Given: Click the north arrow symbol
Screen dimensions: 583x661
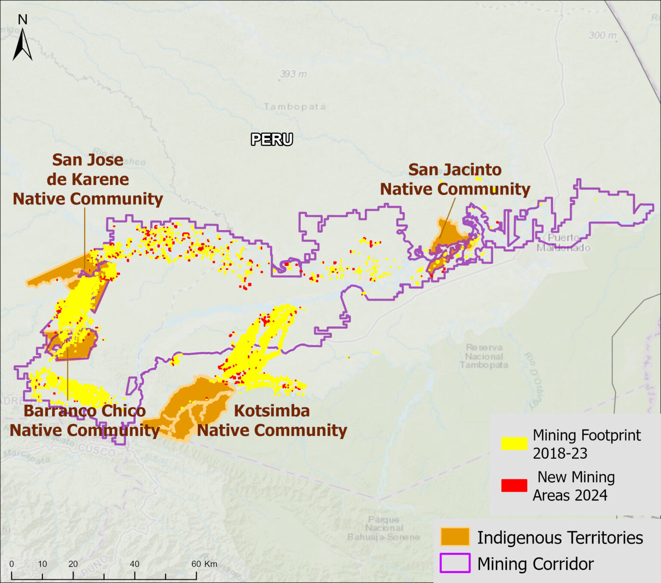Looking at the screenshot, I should pos(22,43).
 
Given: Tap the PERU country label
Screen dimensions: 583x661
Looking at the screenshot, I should pos(272,139).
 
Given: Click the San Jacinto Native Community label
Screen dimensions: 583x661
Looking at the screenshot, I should pos(455,179).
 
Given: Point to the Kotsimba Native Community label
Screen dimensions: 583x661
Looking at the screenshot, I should pos(272,420).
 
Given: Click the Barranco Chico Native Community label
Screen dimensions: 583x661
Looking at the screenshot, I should pos(85,420).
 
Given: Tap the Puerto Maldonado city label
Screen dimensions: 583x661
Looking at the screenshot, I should pos(563,243).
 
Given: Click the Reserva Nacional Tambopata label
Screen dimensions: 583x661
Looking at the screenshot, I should pos(484,356).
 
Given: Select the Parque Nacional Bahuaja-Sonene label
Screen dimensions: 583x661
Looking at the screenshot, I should pos(384,528).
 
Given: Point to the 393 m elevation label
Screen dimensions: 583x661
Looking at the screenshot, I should pos(293,74).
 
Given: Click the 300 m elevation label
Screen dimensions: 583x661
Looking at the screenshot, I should pos(602,35).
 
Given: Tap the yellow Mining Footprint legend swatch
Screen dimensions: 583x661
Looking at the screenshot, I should pos(514,443).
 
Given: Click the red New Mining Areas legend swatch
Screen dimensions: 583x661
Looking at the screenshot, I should pos(514,485).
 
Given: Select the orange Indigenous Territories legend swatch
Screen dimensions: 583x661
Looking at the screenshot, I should pos(455,537).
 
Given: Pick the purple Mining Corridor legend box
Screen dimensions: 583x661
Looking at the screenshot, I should pos(455,563).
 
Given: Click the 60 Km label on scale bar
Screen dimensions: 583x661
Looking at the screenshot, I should pos(204,564).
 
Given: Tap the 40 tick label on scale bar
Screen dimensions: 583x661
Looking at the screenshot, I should pos(135,564).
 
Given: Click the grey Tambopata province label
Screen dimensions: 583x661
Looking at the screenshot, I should pos(295,107).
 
